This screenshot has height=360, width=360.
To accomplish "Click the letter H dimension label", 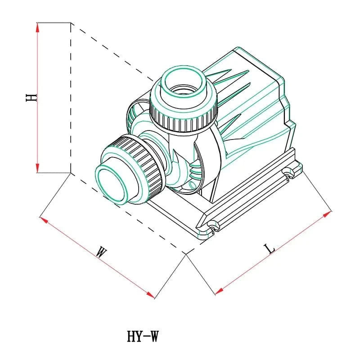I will pyautogui.click(x=31, y=97).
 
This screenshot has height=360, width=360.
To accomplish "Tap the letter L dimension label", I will pyautogui.click(x=269, y=248).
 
